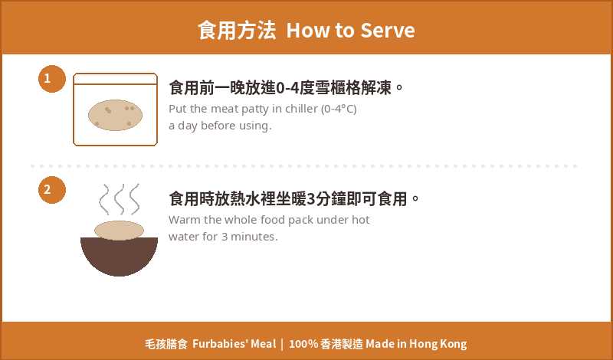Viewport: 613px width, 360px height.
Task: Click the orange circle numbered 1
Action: [x=52, y=79]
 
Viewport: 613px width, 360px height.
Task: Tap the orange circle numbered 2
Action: [x=52, y=190]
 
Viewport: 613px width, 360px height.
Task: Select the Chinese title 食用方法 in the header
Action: [x=237, y=30]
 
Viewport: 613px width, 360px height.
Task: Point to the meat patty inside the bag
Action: [x=116, y=115]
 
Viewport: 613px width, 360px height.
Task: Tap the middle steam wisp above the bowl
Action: [x=120, y=199]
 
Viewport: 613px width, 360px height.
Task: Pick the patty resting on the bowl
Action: [x=120, y=231]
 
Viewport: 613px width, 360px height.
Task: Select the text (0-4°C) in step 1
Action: [x=339, y=109]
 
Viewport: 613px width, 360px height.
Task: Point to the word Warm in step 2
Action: [x=185, y=220]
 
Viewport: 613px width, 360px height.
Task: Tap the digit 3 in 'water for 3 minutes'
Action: [x=224, y=237]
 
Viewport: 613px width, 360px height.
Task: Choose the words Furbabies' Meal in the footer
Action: [x=234, y=344]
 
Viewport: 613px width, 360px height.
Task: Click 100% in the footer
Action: [x=303, y=344]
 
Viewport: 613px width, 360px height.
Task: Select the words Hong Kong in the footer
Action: [x=438, y=345]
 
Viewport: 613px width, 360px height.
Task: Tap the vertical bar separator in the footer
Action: [x=282, y=345]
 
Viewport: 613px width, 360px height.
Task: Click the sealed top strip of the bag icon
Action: [x=116, y=79]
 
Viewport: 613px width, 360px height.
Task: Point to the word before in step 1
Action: [x=218, y=126]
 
